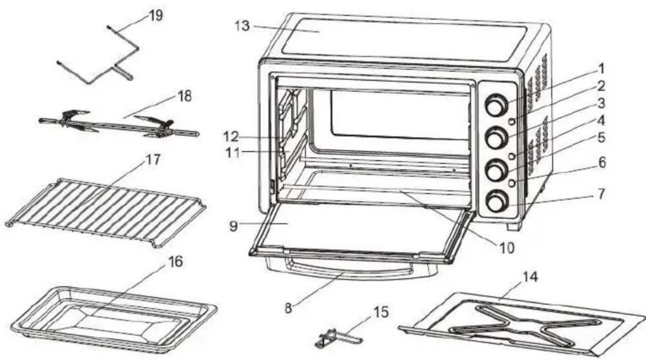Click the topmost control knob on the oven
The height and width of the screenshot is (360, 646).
click(496, 105)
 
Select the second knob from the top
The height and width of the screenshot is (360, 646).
click(495, 138)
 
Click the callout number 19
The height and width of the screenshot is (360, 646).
click(156, 16)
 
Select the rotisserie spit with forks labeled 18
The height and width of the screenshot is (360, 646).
click(118, 125)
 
